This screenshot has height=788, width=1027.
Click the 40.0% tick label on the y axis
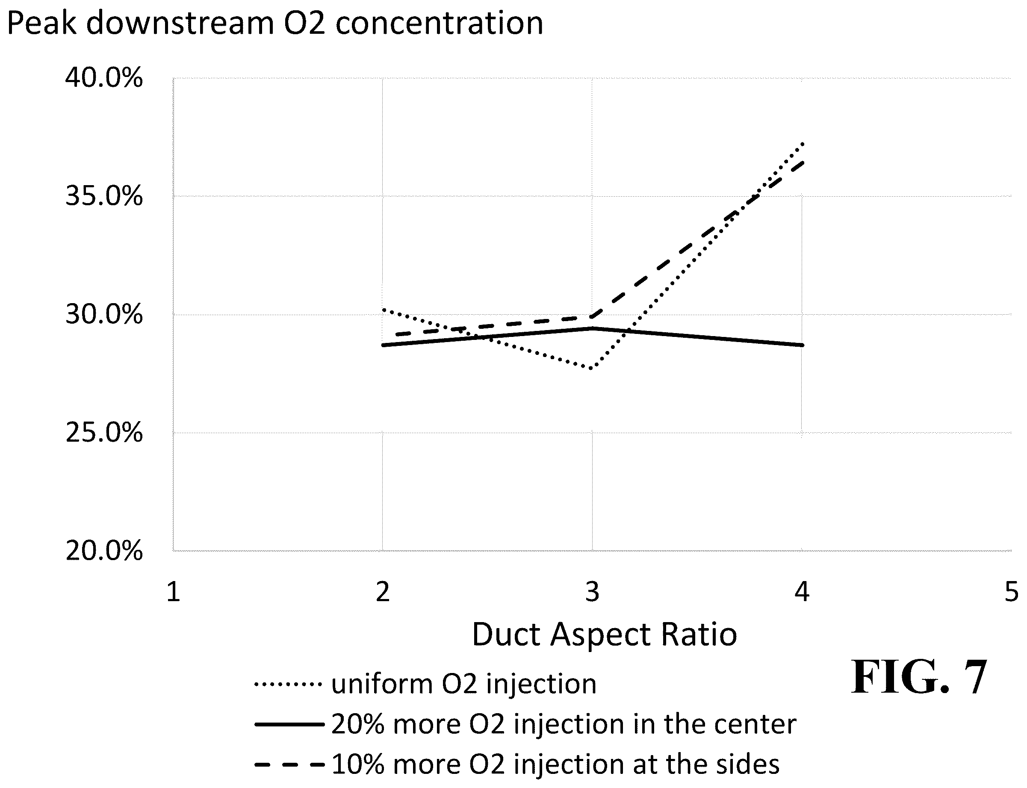[103, 77]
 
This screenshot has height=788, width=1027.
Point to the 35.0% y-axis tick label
[103, 196]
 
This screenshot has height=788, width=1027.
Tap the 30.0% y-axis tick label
[103, 314]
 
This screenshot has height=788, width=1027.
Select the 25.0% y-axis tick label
[103, 432]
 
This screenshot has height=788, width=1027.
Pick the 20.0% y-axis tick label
[103, 551]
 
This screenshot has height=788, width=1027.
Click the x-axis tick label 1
[173, 591]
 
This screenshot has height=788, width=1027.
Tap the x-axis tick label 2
[383, 591]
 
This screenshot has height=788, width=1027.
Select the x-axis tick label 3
[592, 591]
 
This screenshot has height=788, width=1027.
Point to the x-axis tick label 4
[802, 591]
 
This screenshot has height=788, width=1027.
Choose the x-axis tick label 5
[1012, 591]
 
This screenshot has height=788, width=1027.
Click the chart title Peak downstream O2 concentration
[275, 24]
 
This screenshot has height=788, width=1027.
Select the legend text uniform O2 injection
[464, 684]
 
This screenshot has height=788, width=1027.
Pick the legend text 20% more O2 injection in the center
[564, 724]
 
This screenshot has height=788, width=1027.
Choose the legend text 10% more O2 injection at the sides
[555, 764]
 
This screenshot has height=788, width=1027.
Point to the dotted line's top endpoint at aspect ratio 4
[803, 143]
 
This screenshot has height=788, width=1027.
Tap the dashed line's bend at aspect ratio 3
[592, 316]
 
